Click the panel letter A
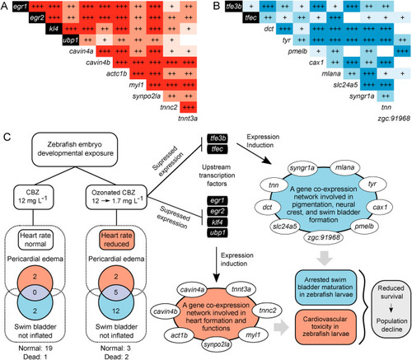4,6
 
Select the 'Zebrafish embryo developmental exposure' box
75,149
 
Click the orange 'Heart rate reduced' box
117,240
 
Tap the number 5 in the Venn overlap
116,292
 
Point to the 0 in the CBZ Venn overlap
35,292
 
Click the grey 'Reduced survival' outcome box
391,308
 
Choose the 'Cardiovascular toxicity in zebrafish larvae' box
325,327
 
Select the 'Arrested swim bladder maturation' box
325,288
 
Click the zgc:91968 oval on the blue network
324,237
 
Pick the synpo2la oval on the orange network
217,344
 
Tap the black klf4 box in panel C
218,222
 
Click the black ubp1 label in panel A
71,40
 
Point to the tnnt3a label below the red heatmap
188,119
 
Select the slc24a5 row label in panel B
345,85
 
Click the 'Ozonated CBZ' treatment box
117,197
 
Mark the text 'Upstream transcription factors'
217,175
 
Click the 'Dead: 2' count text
116,357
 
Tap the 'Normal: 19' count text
35,348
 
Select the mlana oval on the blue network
344,167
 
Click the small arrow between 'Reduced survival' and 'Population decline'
391,309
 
